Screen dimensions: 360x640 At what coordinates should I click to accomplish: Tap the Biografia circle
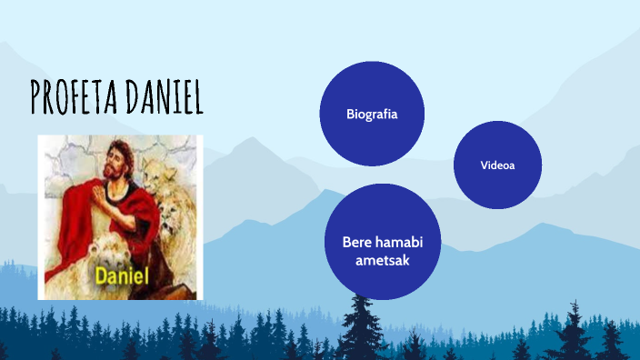click(x=372, y=114)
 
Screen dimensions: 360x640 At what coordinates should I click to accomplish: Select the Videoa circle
click(x=497, y=165)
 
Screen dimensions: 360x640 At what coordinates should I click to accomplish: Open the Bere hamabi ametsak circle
click(x=383, y=242)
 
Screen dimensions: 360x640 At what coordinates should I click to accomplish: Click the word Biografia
click(x=372, y=115)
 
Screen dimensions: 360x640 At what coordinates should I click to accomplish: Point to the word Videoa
click(x=497, y=165)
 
